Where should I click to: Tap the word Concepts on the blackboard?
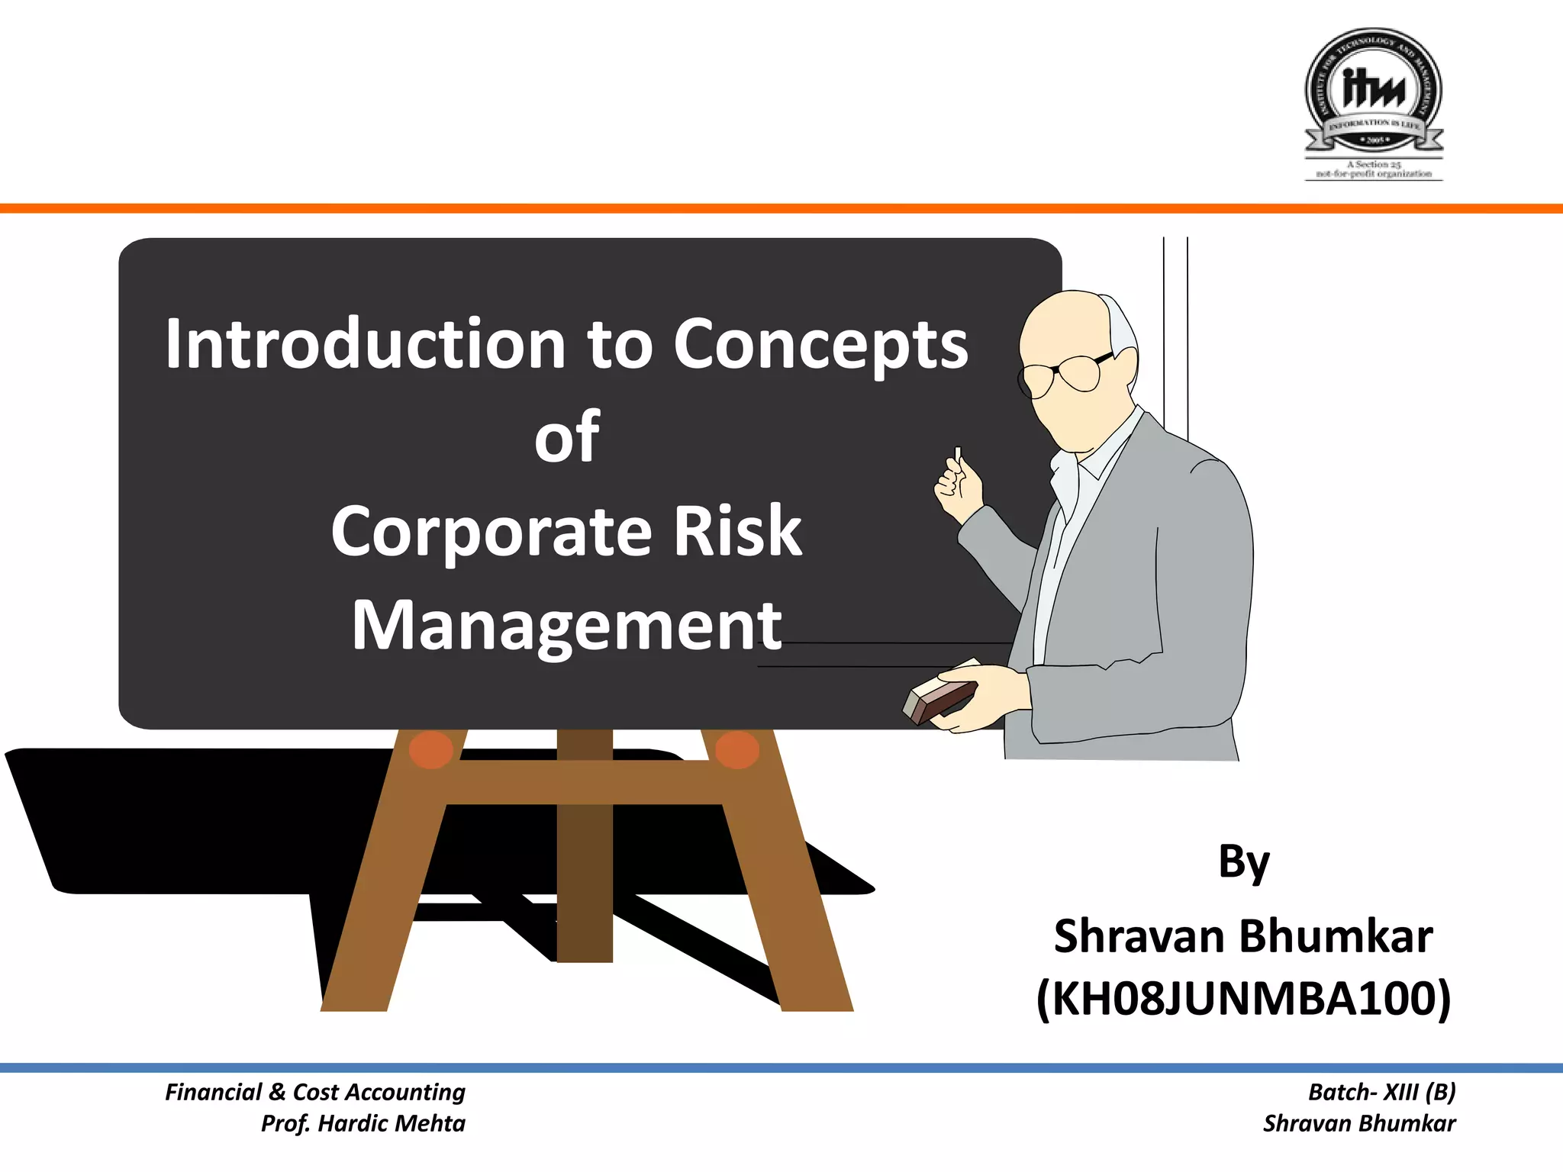[820, 346]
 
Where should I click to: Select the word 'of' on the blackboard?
[567, 436]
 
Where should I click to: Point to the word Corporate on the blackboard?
[491, 532]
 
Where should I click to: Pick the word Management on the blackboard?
[567, 626]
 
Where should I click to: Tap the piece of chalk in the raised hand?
[958, 455]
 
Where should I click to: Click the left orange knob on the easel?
[431, 749]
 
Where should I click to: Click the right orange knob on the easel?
[737, 749]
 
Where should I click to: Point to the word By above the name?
[1244, 863]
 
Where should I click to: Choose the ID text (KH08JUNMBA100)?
[1244, 999]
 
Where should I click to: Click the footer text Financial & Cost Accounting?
[315, 1092]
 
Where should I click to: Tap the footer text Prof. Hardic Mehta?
[363, 1123]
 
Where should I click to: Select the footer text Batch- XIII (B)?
[1382, 1092]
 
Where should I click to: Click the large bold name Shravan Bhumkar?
[1244, 936]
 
